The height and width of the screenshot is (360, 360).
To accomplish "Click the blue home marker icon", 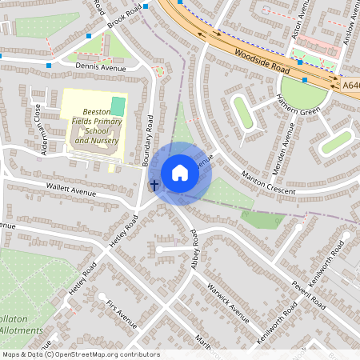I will (x=180, y=172).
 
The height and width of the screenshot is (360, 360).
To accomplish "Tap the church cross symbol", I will (x=154, y=185).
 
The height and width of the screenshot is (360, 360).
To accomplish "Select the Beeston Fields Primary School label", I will (x=97, y=127).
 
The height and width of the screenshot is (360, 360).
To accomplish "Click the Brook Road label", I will (x=124, y=17).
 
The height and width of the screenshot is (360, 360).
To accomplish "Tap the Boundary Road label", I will (x=148, y=141).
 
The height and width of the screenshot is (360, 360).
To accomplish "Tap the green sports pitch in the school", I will (x=118, y=106).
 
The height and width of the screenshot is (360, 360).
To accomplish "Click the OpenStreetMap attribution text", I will (x=81, y=354).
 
